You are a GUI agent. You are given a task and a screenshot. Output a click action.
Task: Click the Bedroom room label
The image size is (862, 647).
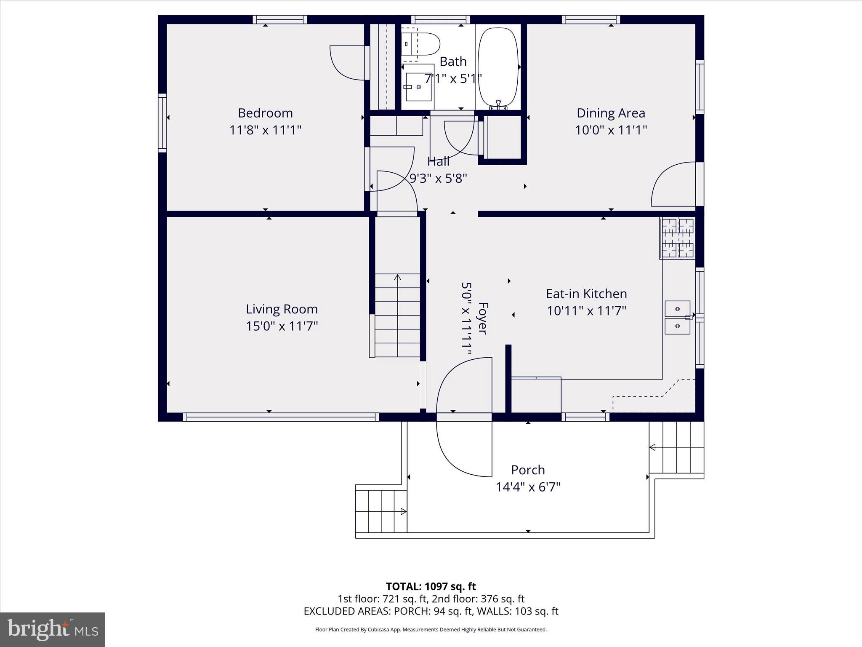(x=265, y=113)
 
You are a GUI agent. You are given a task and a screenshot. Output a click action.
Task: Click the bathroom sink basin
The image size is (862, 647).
(x=418, y=87)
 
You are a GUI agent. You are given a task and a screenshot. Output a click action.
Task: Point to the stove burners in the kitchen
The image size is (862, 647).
(x=678, y=238)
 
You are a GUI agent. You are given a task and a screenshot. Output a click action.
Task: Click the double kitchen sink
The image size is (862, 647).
(x=677, y=318)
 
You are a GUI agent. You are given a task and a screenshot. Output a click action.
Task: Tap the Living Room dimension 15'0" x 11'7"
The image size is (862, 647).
(x=282, y=326)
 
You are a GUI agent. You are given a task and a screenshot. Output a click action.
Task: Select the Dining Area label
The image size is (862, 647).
(x=611, y=113)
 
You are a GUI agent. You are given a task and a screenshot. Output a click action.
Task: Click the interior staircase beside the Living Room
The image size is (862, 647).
(x=397, y=315)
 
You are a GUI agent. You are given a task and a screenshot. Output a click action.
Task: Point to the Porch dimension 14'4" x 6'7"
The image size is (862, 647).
(x=528, y=487)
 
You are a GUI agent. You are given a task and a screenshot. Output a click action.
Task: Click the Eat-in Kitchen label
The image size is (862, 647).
(x=586, y=294)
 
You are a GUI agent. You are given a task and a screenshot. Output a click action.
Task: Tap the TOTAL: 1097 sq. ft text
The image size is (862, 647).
(x=431, y=586)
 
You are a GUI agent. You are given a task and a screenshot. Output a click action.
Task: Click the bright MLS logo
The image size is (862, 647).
(x=53, y=629)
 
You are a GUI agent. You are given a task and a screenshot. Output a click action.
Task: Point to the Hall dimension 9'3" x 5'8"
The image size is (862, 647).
(x=438, y=179)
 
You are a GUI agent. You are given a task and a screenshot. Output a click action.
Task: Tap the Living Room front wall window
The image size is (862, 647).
(x=281, y=417)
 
